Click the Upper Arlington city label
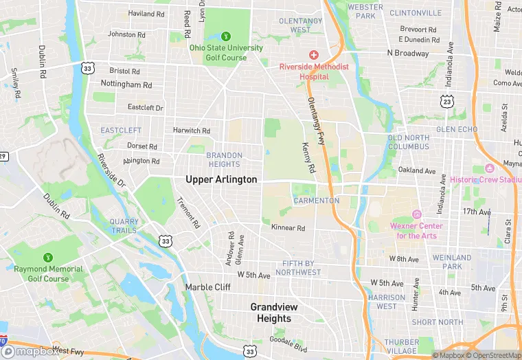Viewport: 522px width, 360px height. point(221,179)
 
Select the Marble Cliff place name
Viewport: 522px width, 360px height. point(207,287)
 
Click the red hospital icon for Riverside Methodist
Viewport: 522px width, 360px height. point(314,54)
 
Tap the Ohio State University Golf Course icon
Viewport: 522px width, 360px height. point(226,36)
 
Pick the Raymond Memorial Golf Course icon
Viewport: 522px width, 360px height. point(47,258)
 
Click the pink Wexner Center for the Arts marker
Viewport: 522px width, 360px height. point(416,214)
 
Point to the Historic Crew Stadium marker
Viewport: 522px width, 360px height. point(490,168)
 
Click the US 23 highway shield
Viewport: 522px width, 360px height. point(447,101)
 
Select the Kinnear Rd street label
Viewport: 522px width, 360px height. point(288,227)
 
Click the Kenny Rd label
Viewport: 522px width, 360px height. point(308,157)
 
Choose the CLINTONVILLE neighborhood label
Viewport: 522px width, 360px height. point(416,13)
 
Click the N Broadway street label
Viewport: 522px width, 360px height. point(408,53)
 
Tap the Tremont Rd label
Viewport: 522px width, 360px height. point(188,213)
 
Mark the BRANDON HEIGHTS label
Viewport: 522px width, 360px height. point(224,160)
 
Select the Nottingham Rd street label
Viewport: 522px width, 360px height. point(126,85)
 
